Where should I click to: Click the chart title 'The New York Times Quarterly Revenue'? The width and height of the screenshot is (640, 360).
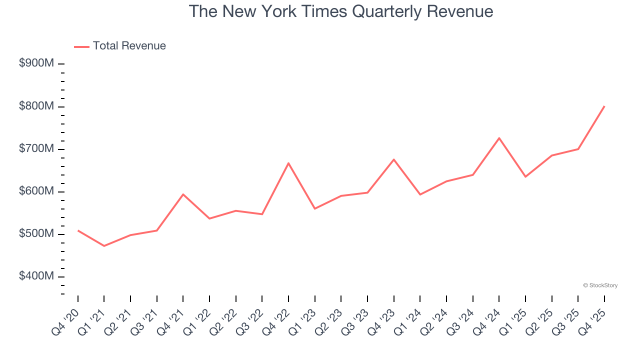click(341, 11)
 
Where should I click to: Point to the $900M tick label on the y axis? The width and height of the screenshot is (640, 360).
click(36, 64)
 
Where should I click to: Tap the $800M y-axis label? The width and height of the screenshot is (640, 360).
click(36, 106)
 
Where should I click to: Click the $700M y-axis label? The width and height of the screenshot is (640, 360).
click(36, 149)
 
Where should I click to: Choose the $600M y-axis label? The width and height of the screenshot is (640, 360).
click(36, 191)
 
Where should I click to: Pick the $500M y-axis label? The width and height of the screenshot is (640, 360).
click(36, 234)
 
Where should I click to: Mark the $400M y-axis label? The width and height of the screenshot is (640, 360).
click(36, 276)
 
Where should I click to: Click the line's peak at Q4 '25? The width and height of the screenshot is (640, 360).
click(604, 106)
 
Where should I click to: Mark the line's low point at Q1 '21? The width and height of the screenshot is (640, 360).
click(104, 246)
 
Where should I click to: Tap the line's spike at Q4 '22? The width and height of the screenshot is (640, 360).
click(288, 163)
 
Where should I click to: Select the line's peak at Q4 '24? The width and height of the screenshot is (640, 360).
click(499, 138)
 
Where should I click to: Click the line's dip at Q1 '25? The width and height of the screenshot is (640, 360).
click(525, 176)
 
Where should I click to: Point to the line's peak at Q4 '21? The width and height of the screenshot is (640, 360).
click(183, 194)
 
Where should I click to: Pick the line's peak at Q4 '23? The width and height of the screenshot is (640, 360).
click(394, 159)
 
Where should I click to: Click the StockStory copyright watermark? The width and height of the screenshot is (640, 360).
click(600, 285)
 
